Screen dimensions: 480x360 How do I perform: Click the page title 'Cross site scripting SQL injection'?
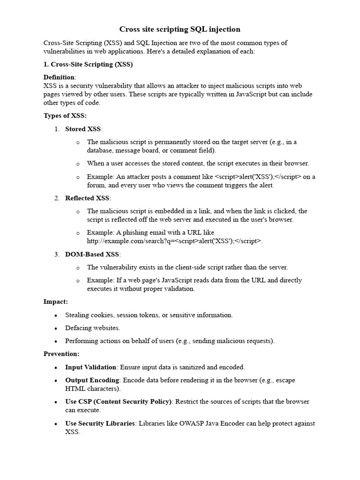click(180, 29)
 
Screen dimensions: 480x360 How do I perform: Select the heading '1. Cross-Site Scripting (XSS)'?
click(88, 65)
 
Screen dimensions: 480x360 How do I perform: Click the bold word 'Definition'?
click(59, 77)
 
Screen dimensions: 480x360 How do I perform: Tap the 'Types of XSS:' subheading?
click(65, 116)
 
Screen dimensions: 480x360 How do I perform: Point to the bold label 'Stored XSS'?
click(83, 129)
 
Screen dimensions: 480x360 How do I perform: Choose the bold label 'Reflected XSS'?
click(88, 198)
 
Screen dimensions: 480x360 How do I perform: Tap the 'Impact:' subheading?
click(56, 302)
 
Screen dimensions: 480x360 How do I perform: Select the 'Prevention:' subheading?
click(61, 353)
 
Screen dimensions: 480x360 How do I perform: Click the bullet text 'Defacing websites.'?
click(93, 328)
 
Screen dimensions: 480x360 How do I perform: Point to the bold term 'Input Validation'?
click(90, 367)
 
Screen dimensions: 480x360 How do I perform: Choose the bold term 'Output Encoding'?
click(92, 380)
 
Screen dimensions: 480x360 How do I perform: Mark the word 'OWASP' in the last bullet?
click(201, 423)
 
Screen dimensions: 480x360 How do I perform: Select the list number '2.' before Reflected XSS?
click(57, 198)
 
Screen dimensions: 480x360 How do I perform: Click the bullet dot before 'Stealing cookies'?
click(56, 315)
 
